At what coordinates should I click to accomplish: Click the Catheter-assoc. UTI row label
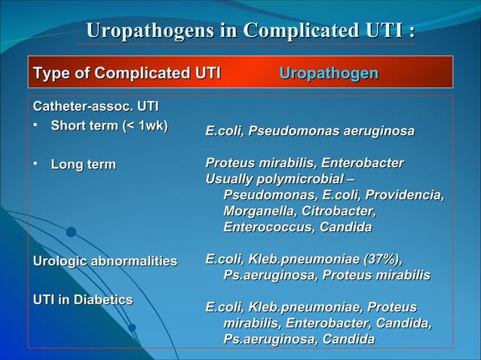95,108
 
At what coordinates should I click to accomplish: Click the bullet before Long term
35,164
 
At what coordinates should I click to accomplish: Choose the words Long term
83,164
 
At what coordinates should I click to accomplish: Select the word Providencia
407,195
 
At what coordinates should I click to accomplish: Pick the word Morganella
259,211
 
